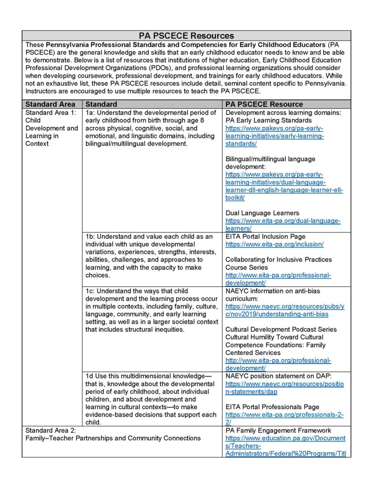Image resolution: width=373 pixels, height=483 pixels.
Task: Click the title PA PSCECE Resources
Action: [186, 35]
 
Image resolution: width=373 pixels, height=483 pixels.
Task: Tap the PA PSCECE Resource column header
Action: [264, 104]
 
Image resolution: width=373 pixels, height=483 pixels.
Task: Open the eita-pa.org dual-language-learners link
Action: [283, 224]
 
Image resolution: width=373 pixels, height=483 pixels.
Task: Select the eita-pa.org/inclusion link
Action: [274, 244]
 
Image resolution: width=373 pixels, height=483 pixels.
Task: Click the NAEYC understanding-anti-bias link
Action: [284, 310]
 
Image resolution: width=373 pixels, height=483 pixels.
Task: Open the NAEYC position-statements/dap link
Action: [284, 388]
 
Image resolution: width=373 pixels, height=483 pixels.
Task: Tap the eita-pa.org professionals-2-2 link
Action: [283, 419]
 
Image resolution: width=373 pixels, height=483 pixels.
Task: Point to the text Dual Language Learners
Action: [262, 213]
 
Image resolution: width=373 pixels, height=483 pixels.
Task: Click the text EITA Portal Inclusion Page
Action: [265, 237]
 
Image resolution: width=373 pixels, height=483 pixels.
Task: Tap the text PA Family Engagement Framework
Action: [278, 430]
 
